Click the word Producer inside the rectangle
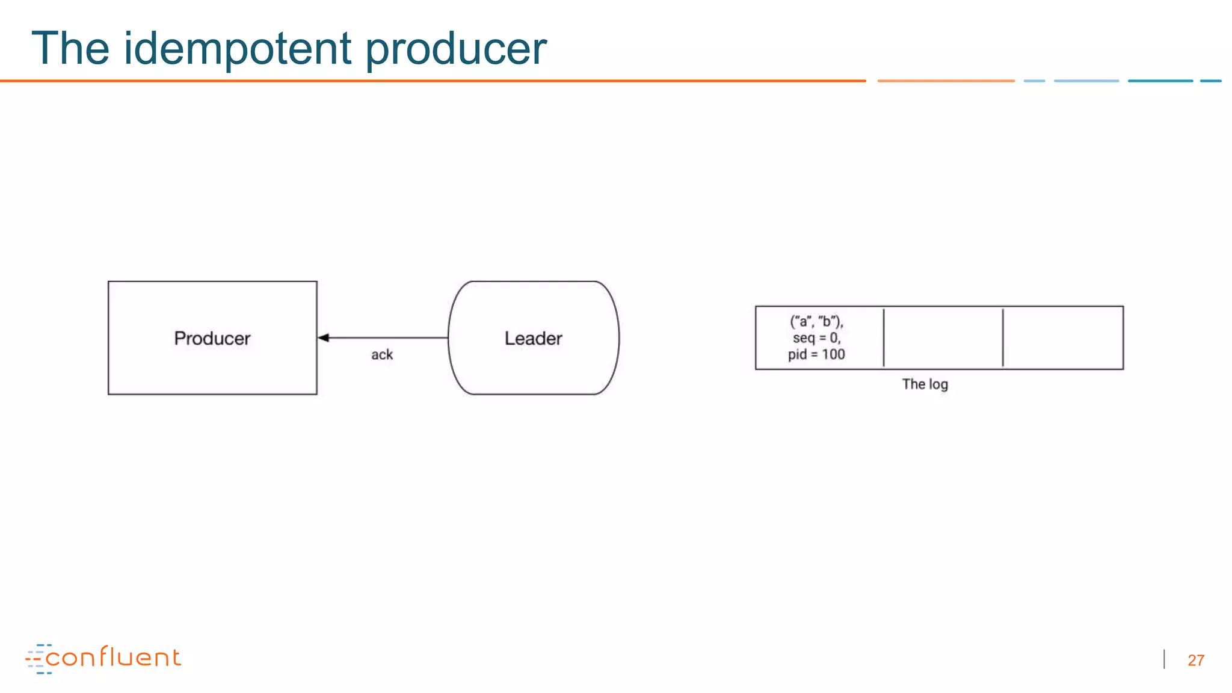click(x=212, y=338)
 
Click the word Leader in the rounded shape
click(x=533, y=338)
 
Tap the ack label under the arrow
click(x=382, y=355)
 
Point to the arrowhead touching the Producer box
click(x=324, y=338)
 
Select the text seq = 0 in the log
click(x=816, y=338)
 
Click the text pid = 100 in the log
click(x=816, y=354)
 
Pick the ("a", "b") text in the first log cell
click(x=816, y=321)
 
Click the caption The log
click(x=925, y=384)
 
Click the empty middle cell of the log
click(x=943, y=337)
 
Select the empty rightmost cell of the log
click(x=1063, y=337)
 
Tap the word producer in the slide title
click(x=456, y=49)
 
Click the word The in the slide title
click(x=70, y=48)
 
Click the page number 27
click(x=1195, y=661)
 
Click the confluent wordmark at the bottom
click(x=113, y=658)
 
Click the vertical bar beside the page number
click(x=1165, y=659)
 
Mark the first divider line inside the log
click(x=884, y=337)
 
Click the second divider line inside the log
click(x=1003, y=337)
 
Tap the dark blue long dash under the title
click(x=1160, y=81)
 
